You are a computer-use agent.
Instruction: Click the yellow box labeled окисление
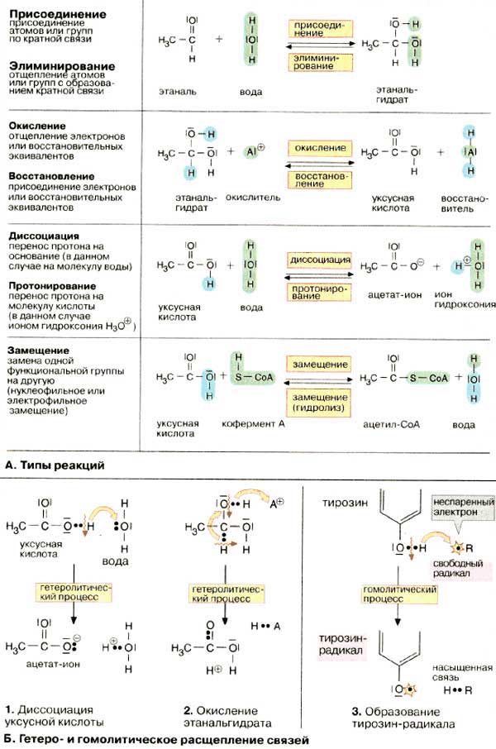[x=319, y=147]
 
